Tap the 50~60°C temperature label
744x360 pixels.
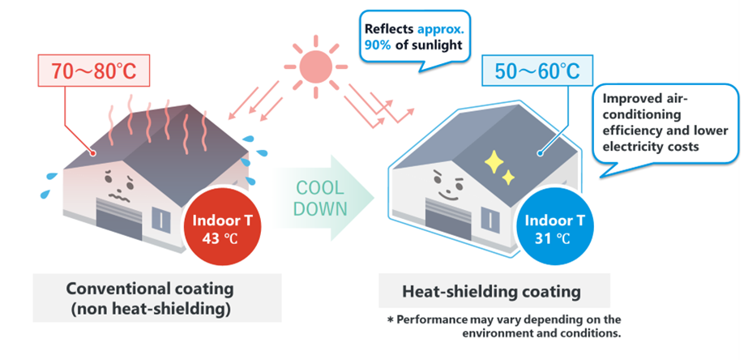537,71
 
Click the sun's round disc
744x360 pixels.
315,66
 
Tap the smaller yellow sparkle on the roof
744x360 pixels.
508,178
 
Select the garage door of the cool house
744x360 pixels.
447,219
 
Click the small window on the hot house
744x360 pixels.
160,219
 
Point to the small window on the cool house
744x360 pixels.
490,219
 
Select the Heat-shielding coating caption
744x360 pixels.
492,292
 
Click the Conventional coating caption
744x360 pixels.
150,298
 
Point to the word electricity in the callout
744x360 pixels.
626,146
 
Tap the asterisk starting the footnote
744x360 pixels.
391,319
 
